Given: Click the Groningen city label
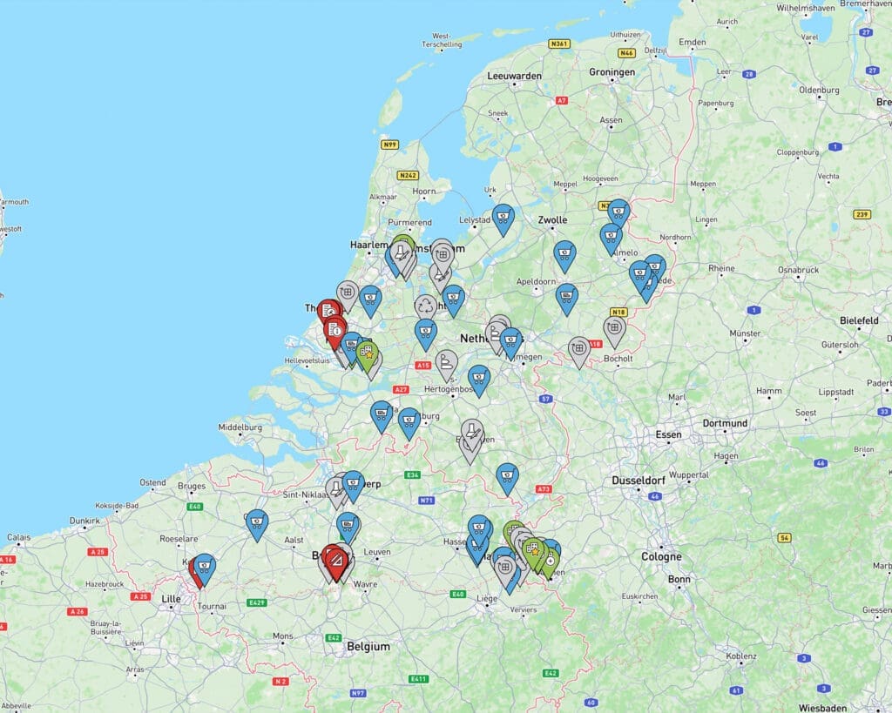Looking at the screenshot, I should click(x=612, y=72).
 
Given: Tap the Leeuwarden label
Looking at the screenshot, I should click(x=514, y=76).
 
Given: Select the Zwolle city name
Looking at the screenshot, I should click(x=553, y=220).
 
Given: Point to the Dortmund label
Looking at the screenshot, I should click(x=725, y=424).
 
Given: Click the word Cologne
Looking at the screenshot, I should click(x=661, y=556).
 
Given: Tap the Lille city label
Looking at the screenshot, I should click(x=171, y=598).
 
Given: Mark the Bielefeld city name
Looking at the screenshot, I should click(x=860, y=320).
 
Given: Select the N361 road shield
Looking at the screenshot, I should click(x=558, y=43).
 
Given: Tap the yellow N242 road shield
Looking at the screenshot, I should click(x=408, y=175).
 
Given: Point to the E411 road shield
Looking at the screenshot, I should click(x=419, y=678).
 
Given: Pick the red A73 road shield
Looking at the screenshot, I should click(x=544, y=489).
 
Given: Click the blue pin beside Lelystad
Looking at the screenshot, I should click(x=503, y=218).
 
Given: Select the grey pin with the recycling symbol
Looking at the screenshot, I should click(x=426, y=306).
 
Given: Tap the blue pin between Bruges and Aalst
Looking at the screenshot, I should click(x=257, y=523).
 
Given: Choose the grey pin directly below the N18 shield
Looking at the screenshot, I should click(x=614, y=329).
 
